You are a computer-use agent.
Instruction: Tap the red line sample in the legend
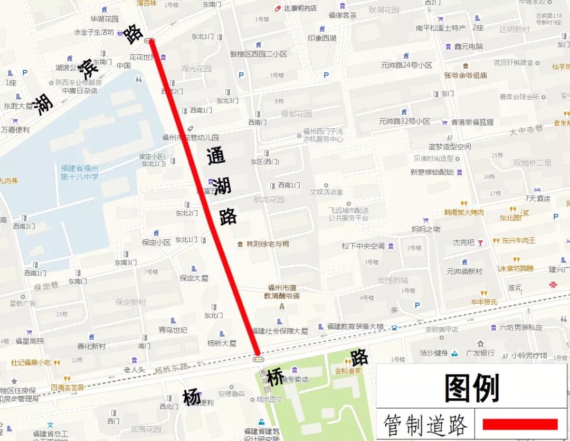click(x=520, y=424)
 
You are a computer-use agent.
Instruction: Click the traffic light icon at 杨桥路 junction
click(x=258, y=359)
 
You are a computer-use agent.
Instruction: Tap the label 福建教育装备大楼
click(x=355, y=327)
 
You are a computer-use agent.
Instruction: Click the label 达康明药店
click(x=300, y=8)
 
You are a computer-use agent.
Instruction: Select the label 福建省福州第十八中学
click(x=79, y=172)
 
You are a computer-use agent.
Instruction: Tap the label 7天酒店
click(x=537, y=199)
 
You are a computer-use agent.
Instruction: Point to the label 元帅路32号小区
click(x=404, y=121)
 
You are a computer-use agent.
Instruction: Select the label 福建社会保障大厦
click(x=280, y=331)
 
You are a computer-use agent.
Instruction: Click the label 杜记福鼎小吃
click(x=31, y=363)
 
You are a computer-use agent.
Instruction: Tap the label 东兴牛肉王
click(x=518, y=240)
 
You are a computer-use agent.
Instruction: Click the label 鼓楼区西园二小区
click(x=259, y=54)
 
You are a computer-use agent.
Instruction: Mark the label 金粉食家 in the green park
click(x=348, y=370)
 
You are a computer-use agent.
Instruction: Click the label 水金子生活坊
click(x=94, y=32)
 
